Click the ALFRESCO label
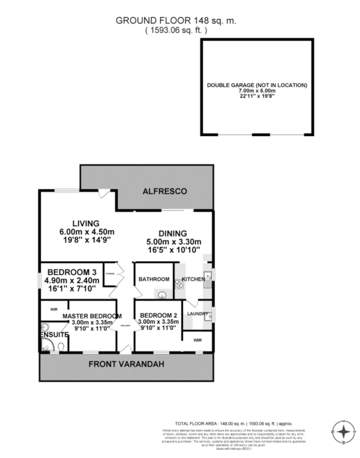pyautogui.click(x=164, y=192)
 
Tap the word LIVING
pyautogui.click(x=85, y=223)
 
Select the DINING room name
pyautogui.click(x=172, y=233)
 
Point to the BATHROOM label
pyautogui.click(x=154, y=279)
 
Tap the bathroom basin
pyautogui.click(x=162, y=295)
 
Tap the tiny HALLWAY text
pyautogui.click(x=125, y=326)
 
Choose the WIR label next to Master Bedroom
pyautogui.click(x=54, y=309)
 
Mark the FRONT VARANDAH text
pyautogui.click(x=126, y=364)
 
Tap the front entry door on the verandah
pyautogui.click(x=126, y=349)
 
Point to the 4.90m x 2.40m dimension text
pyautogui.click(x=73, y=280)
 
